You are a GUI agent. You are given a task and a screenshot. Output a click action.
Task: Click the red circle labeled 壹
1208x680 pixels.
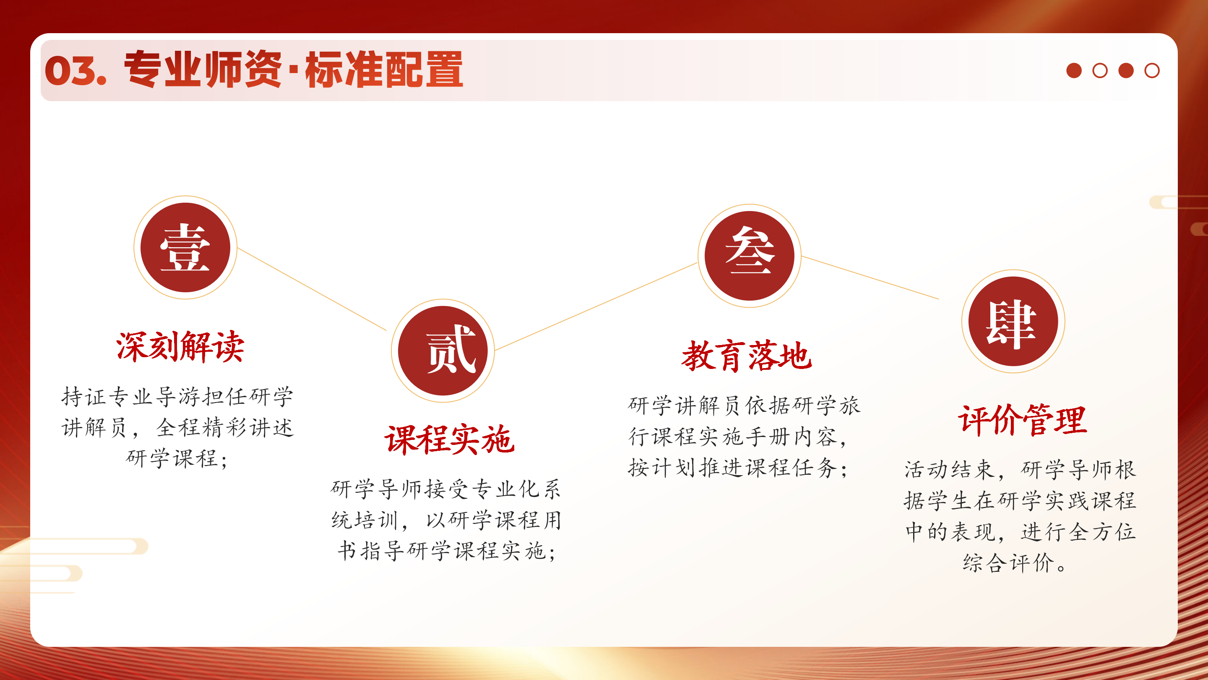[x=185, y=247]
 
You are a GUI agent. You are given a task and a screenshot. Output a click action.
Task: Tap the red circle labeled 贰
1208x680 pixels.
[x=443, y=350]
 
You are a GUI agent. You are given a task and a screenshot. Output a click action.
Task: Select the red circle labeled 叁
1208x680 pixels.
[x=750, y=256]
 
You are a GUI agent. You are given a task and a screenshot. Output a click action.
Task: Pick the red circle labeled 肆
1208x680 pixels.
[x=1013, y=322]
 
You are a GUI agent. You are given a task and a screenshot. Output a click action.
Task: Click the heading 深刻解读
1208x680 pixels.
[x=180, y=347]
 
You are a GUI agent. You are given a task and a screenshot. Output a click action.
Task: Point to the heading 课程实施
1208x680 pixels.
[x=449, y=440]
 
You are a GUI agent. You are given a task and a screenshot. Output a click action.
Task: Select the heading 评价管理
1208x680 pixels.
[x=1022, y=420]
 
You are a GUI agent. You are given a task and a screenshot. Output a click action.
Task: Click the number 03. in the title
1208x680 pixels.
[x=75, y=71]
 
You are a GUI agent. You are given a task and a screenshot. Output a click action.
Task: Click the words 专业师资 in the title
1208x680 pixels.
[x=203, y=69]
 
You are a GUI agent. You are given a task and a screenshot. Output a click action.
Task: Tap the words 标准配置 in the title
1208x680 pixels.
[x=384, y=69]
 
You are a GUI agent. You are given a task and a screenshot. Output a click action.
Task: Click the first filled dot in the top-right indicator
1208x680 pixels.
[x=1074, y=71]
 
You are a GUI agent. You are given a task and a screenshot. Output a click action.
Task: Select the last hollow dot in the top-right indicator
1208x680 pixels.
[x=1152, y=71]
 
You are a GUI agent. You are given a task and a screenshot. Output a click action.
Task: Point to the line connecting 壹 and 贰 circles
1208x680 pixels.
[x=312, y=289]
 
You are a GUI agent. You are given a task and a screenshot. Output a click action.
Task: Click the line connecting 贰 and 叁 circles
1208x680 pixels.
[x=596, y=306]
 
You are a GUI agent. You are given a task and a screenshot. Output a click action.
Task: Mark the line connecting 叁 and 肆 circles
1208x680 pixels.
[x=870, y=277]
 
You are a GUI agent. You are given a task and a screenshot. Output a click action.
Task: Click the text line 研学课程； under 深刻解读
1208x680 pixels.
[x=177, y=458]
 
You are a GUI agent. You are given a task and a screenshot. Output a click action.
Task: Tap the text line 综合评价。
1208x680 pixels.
[x=1015, y=562]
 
